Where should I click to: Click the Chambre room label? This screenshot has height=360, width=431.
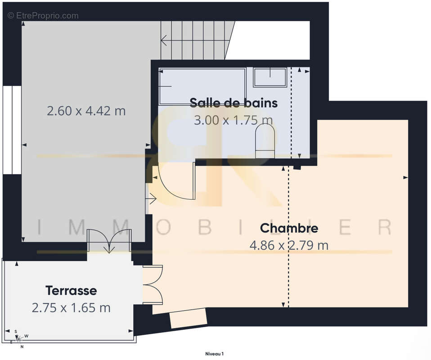click(x=289, y=228)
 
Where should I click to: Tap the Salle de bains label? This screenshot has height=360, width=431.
click(x=233, y=103)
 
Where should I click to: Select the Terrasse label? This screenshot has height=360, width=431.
click(x=71, y=290)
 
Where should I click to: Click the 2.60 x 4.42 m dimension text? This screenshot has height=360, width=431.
click(x=86, y=111)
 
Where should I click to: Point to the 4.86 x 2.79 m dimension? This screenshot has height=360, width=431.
click(x=289, y=245)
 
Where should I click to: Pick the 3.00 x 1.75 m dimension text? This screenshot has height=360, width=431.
click(x=233, y=120)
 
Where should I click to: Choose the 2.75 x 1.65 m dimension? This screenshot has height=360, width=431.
click(x=71, y=308)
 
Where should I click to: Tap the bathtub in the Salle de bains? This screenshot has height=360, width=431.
click(x=202, y=85)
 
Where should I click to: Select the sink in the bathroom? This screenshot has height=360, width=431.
click(x=270, y=77)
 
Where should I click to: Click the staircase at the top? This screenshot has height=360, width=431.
click(x=198, y=40)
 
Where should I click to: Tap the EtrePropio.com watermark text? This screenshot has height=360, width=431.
click(x=43, y=16)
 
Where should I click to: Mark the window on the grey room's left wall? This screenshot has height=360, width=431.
click(x=12, y=129)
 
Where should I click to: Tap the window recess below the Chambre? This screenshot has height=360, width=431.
click(x=188, y=319)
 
